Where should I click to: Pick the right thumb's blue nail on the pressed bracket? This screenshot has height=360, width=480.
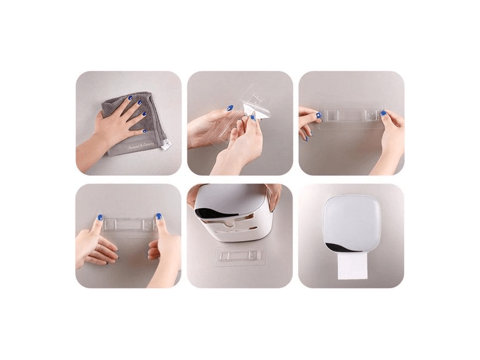pos(159,216)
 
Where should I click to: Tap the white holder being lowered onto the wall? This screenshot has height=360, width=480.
pos(234,213)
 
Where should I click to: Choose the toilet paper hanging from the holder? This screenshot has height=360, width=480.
pos(352,268)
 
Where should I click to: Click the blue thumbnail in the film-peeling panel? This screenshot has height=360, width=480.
pos(229,108)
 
